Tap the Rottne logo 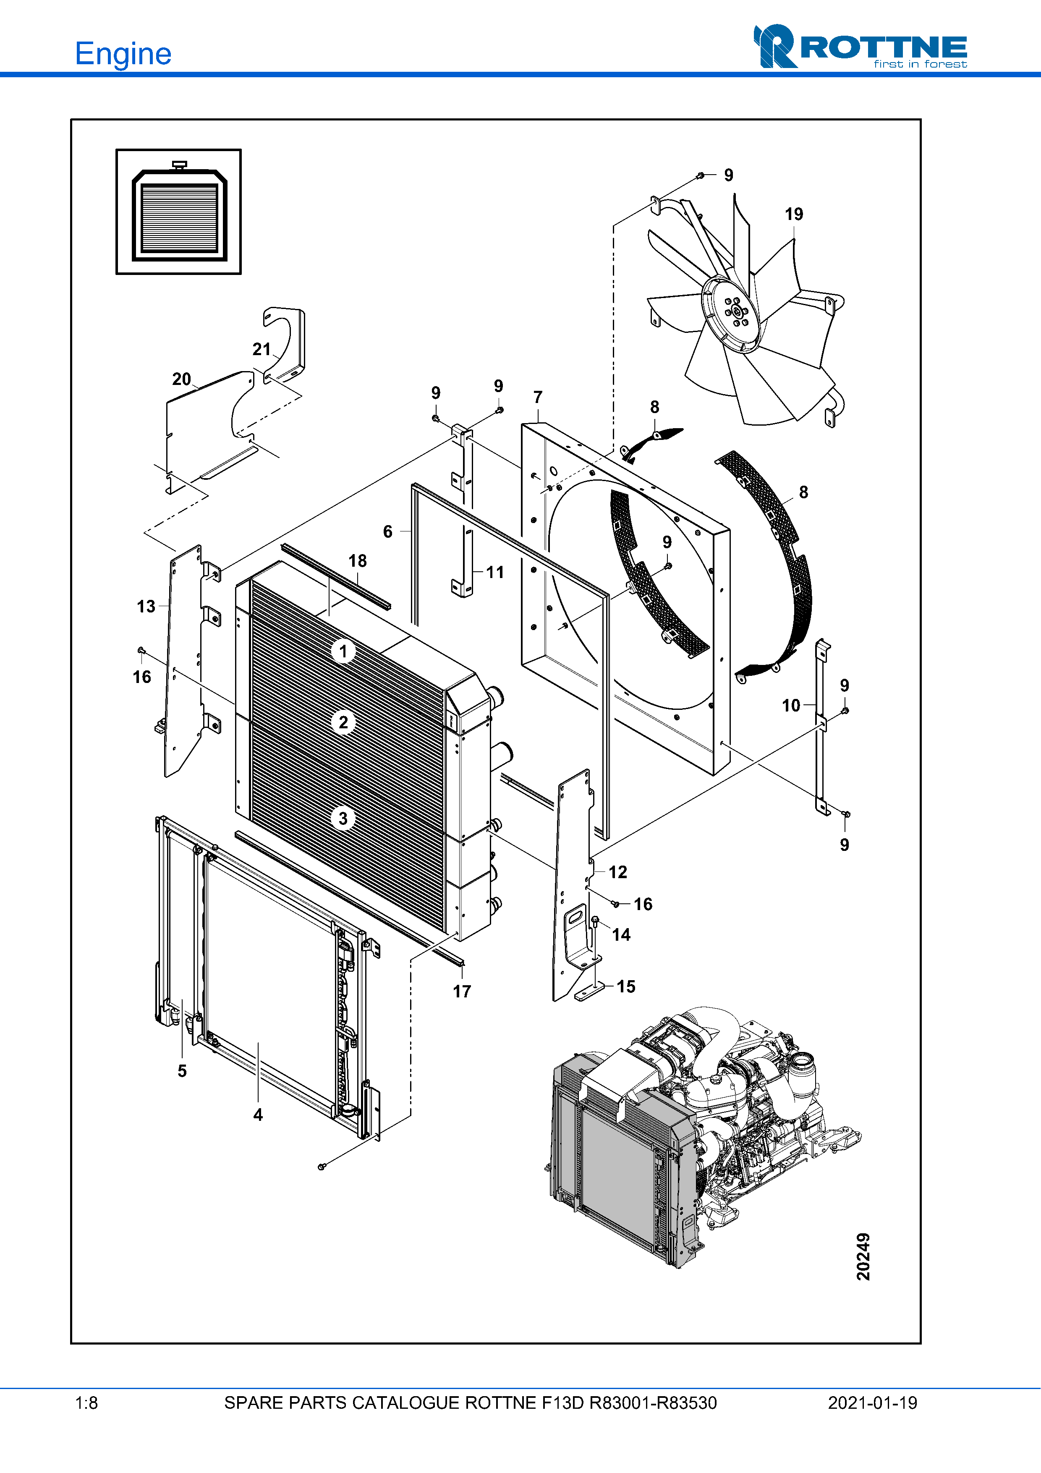pos(860,46)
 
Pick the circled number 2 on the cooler pos(343,722)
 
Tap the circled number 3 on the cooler pos(343,819)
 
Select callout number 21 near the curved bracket pos(261,349)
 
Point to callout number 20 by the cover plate pos(181,379)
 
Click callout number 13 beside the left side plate pos(146,606)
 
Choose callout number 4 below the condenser pos(258,1115)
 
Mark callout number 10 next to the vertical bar pos(791,706)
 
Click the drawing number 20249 pos(863,1256)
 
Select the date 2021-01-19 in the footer pos(872,1403)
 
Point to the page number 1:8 pos(86,1403)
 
